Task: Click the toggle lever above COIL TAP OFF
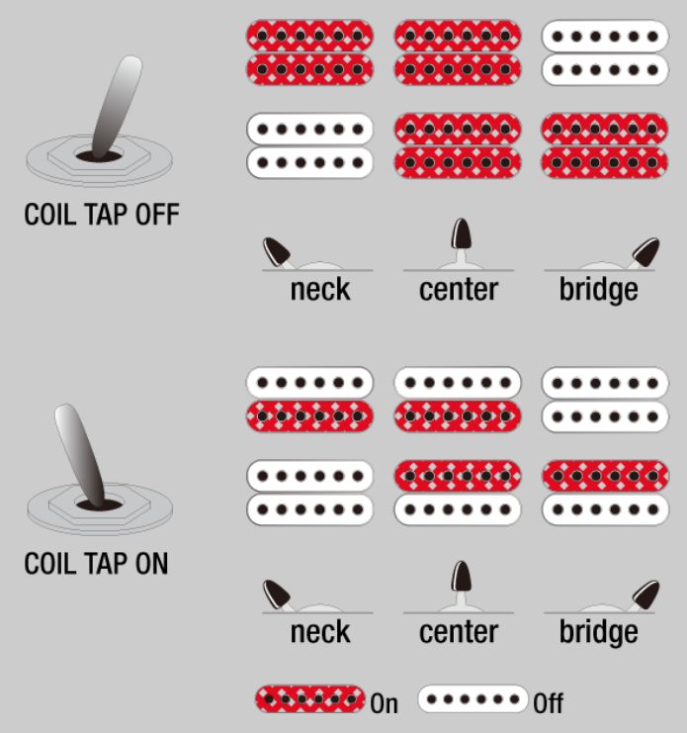pyautogui.click(x=117, y=108)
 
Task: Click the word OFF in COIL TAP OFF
pyautogui.click(x=157, y=215)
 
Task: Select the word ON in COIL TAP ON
pyautogui.click(x=152, y=564)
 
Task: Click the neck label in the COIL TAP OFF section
pyautogui.click(x=320, y=290)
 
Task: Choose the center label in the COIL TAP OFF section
pyautogui.click(x=459, y=290)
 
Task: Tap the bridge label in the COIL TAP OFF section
pyautogui.click(x=599, y=290)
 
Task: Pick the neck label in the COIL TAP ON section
pyautogui.click(x=320, y=632)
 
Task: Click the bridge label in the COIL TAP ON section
pyautogui.click(x=599, y=633)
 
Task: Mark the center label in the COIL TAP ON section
pyautogui.click(x=459, y=632)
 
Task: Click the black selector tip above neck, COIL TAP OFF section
pyautogui.click(x=277, y=252)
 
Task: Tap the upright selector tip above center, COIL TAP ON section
pyautogui.click(x=462, y=576)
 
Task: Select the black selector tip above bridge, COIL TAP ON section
pyautogui.click(x=645, y=595)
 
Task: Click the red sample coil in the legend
pyautogui.click(x=309, y=699)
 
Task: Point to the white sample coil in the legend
pyautogui.click(x=472, y=699)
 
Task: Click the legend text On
pyautogui.click(x=384, y=703)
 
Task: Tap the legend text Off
pyautogui.click(x=549, y=703)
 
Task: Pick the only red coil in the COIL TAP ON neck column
pyautogui.click(x=309, y=416)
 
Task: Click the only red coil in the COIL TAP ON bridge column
pyautogui.click(x=605, y=476)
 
